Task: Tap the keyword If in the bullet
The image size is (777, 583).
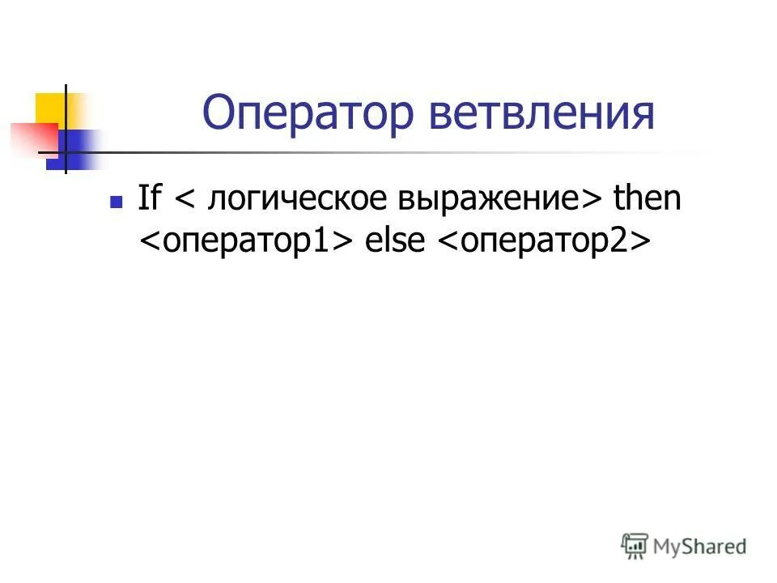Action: click(149, 198)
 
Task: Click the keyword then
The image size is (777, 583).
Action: click(647, 198)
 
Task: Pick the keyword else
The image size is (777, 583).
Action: click(396, 241)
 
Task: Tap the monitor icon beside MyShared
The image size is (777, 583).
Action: click(635, 545)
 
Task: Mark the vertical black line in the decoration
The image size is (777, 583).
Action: click(66, 130)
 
